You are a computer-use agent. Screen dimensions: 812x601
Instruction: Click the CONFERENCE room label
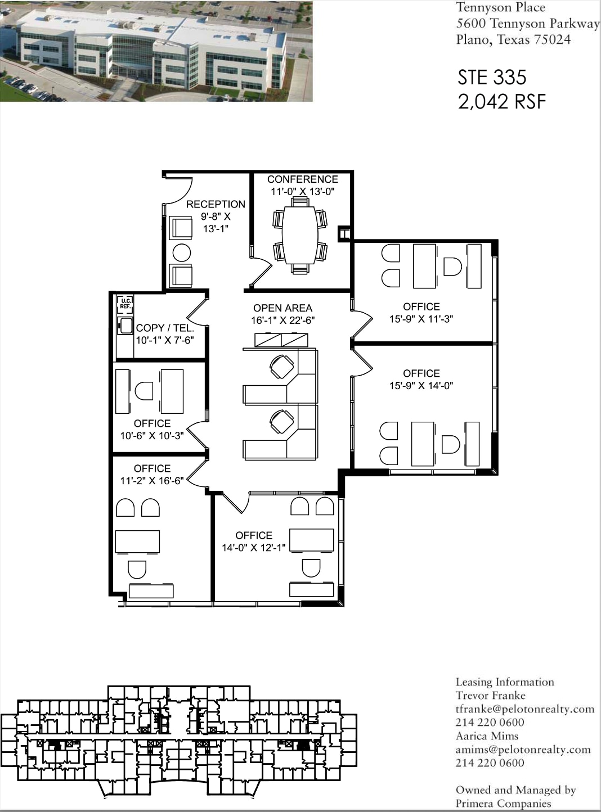[302, 179]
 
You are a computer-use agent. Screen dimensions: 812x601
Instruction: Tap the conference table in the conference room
[300, 234]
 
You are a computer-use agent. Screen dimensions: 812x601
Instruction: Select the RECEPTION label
[216, 204]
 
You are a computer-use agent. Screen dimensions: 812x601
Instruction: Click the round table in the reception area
[181, 252]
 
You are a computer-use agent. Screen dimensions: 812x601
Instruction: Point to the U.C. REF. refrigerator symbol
[125, 304]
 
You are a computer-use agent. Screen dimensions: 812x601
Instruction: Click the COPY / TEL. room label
[164, 328]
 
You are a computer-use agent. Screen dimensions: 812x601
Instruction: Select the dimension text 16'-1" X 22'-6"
[282, 321]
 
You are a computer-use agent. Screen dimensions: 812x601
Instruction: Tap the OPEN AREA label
[282, 308]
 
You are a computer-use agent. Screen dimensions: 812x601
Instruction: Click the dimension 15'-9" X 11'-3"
[421, 319]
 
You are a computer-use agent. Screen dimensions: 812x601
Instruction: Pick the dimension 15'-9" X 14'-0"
[421, 386]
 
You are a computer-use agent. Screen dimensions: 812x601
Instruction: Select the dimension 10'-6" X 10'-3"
[151, 436]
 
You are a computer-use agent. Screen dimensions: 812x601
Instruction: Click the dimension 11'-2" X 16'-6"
[151, 481]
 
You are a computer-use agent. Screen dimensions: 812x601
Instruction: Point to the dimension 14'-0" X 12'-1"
[253, 548]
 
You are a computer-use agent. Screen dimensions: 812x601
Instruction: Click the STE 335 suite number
[492, 77]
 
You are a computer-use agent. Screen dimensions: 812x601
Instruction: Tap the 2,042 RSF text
[501, 102]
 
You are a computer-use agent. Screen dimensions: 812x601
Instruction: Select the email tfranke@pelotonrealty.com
[524, 709]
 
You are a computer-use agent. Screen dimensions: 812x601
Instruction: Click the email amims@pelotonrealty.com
[523, 750]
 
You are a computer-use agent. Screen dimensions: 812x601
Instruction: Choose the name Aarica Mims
[487, 736]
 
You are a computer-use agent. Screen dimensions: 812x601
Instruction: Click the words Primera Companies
[503, 804]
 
